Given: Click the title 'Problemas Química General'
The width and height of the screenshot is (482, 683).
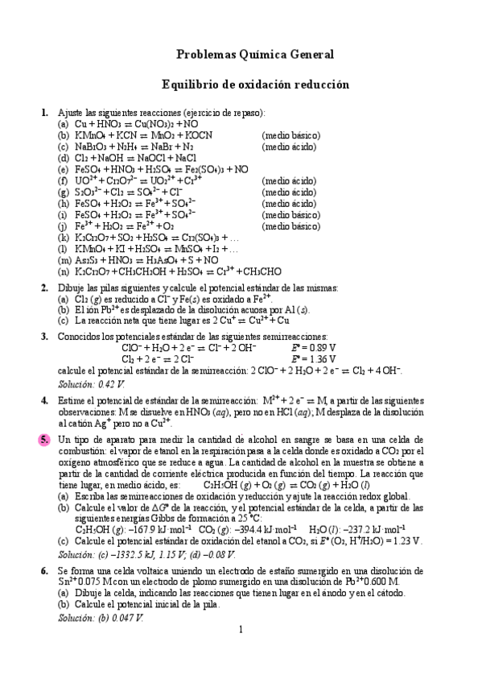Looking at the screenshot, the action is [254, 54].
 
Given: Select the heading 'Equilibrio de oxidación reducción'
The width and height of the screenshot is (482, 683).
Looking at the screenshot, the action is [255, 83].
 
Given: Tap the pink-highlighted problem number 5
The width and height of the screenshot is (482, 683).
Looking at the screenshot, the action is [43, 440].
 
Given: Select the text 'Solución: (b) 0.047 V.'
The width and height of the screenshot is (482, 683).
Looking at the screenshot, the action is [101, 617].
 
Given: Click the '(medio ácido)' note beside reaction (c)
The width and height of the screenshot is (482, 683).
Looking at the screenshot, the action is [290, 147].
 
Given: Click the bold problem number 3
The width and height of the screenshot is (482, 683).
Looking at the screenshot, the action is [43, 336].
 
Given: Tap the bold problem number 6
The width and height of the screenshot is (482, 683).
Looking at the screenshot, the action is [43, 569].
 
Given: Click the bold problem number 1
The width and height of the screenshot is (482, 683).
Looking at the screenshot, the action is [43, 113].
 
